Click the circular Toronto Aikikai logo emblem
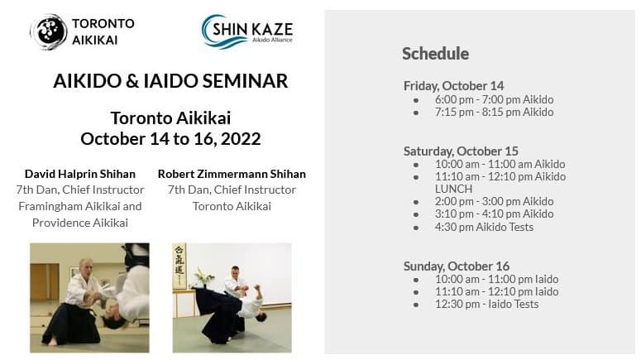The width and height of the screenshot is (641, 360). pyautogui.click(x=49, y=32)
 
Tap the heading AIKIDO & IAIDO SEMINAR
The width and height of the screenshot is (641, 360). pyautogui.click(x=170, y=80)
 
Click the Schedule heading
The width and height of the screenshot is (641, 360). pyautogui.click(x=435, y=54)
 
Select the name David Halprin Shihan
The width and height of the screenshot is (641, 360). pyautogui.click(x=80, y=174)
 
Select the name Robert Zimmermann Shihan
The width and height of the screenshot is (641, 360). pyautogui.click(x=232, y=174)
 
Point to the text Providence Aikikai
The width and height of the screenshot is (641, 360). pyautogui.click(x=80, y=223)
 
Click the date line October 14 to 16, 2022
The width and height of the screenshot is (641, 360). pyautogui.click(x=170, y=139)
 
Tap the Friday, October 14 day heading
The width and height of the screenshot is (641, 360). pyautogui.click(x=454, y=86)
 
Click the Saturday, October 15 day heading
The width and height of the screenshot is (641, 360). pyautogui.click(x=461, y=151)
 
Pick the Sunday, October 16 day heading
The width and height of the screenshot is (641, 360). pyautogui.click(x=457, y=266)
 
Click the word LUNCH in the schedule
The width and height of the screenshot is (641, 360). pyautogui.click(x=453, y=189)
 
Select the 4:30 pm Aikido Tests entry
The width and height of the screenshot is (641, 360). pyautogui.click(x=484, y=227)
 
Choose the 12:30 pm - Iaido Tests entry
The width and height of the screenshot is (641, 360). pyautogui.click(x=487, y=304)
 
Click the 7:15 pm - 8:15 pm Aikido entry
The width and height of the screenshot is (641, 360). pyautogui.click(x=495, y=112)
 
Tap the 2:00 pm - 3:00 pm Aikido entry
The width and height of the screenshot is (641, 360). pyautogui.click(x=495, y=201)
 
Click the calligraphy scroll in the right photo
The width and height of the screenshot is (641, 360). pyautogui.click(x=179, y=266)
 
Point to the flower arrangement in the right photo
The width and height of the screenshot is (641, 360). pyautogui.click(x=203, y=278)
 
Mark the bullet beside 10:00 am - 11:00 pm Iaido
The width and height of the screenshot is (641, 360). pyautogui.click(x=416, y=280)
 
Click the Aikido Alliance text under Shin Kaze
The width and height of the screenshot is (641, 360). pyautogui.click(x=272, y=40)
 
